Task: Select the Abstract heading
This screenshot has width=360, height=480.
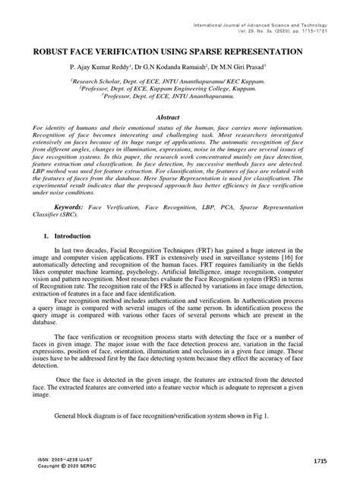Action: pos(180,118)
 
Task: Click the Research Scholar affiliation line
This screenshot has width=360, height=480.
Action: pos(180,80)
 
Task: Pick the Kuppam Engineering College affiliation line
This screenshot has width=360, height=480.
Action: pos(180,88)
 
